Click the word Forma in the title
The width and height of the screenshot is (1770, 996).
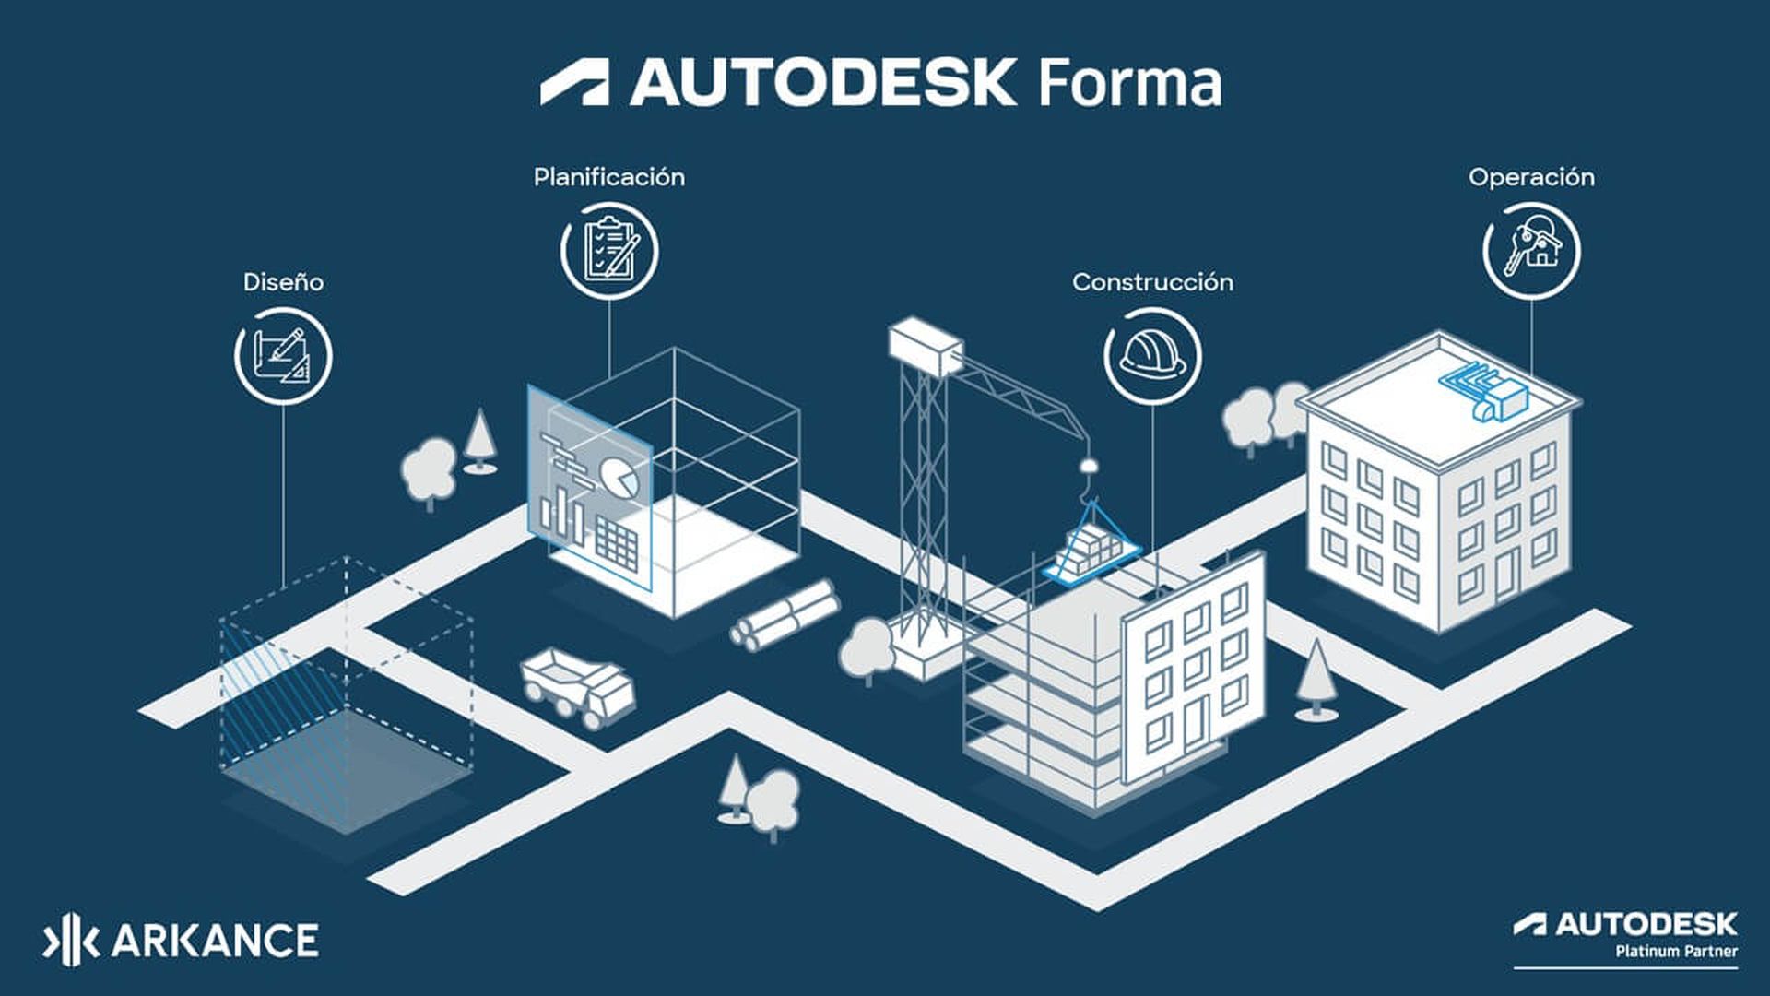coord(1129,83)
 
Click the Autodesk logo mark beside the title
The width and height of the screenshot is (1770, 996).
coord(574,83)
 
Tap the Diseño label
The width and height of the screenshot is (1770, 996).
coord(283,282)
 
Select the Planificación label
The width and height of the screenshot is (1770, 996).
coord(608,177)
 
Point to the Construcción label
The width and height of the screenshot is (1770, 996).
coord(1152,282)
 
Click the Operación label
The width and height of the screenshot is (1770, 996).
coord(1531,177)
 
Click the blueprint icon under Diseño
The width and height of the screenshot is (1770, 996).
coord(283,356)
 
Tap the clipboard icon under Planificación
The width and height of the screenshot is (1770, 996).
coord(608,250)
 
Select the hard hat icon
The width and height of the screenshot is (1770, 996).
coord(1152,356)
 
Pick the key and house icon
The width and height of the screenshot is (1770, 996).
coord(1531,250)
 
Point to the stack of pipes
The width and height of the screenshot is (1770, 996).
coord(785,612)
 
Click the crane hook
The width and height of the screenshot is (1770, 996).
coord(1089,470)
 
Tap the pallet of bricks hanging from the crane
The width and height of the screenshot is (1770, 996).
coord(1091,551)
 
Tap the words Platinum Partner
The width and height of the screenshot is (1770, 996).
coord(1676,951)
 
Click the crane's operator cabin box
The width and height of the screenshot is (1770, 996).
coord(925,345)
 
